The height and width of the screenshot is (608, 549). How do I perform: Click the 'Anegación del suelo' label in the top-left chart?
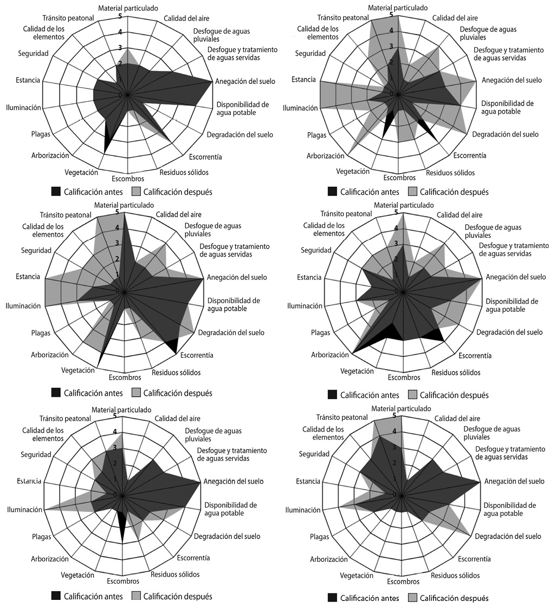click(x=245, y=82)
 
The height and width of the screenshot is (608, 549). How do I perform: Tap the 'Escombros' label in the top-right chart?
click(x=399, y=178)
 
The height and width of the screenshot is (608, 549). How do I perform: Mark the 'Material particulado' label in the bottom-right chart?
click(x=401, y=408)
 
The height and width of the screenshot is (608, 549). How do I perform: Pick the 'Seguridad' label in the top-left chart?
click(x=33, y=53)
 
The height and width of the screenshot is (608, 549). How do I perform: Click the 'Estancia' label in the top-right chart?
click(x=303, y=80)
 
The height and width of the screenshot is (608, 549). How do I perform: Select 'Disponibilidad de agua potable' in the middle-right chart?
click(x=512, y=305)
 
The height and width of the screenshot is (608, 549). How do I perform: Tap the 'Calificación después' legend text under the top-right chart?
click(x=454, y=192)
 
